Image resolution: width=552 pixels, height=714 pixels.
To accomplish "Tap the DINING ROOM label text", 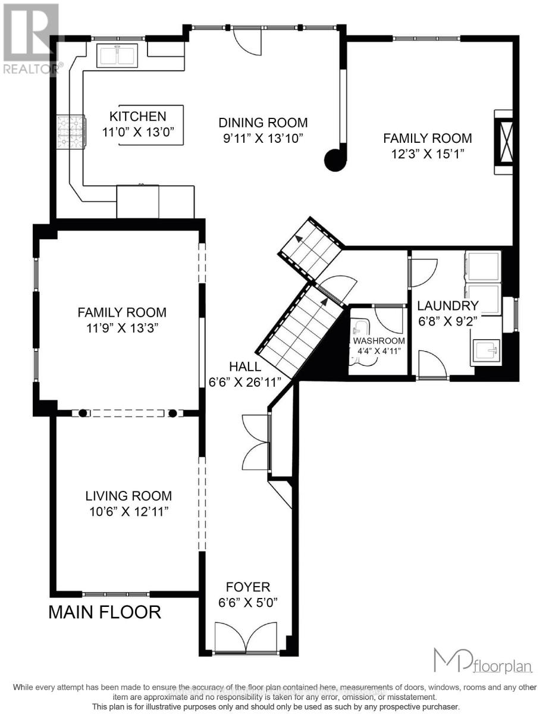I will [263, 123].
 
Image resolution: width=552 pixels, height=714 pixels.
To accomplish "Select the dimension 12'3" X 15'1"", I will [426, 154].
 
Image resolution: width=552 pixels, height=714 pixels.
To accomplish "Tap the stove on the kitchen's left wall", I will [70, 131].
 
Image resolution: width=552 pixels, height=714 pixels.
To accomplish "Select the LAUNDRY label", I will [447, 306].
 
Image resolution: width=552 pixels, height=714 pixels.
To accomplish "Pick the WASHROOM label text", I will [379, 341].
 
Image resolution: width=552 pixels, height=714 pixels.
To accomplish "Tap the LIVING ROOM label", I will [128, 495].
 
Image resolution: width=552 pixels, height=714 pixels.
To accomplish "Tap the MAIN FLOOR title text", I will [105, 612].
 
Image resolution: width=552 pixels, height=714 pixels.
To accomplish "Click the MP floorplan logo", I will [482, 660].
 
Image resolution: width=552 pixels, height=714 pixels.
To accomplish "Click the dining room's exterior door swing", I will [246, 40].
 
